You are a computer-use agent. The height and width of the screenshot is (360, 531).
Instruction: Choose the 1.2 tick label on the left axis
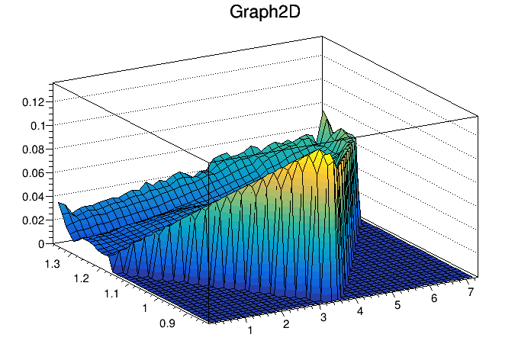pos(82,278)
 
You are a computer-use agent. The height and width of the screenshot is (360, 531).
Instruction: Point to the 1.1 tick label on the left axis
pos(112,294)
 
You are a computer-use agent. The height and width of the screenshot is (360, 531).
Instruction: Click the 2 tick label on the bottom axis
pos(286,324)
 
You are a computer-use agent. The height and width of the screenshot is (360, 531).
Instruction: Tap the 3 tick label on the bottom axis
pos(323,317)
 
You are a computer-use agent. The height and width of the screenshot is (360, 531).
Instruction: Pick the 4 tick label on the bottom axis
pos(361,311)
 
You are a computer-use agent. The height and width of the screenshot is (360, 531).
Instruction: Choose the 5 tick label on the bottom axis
pos(397,305)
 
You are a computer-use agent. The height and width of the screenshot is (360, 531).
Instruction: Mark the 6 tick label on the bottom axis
pos(434,299)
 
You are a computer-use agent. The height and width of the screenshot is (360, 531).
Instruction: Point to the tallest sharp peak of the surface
pos(323,114)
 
